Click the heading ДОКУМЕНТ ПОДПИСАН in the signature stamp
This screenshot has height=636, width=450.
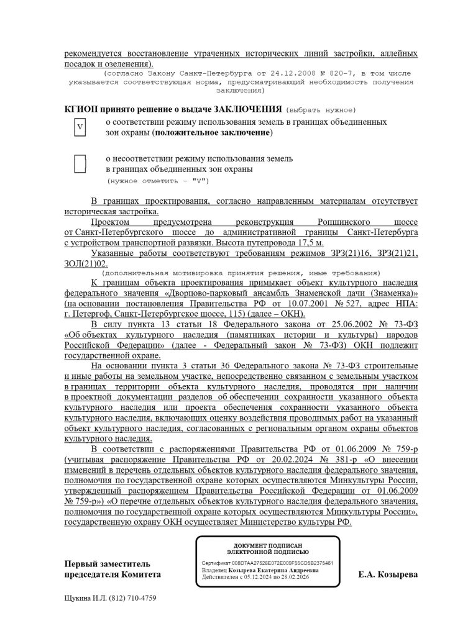coord(268,545)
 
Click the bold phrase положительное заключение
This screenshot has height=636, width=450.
coord(213,132)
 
